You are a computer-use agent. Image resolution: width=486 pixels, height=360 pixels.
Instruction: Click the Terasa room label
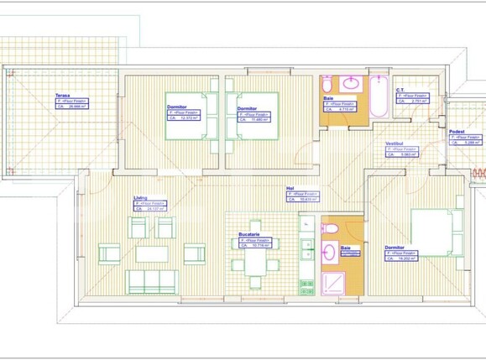[61, 96]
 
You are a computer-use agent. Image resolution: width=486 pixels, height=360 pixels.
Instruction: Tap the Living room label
[140, 198]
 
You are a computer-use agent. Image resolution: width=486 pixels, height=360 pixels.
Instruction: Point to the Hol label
[290, 189]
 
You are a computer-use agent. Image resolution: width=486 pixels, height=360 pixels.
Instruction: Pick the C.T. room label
[401, 90]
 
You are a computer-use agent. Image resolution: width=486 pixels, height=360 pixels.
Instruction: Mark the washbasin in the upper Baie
[327, 84]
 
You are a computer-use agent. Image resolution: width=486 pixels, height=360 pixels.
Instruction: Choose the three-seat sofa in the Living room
[153, 281]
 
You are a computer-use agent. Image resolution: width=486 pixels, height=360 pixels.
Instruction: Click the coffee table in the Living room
[153, 253]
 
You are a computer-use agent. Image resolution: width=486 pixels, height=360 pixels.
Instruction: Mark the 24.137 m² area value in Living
[153, 209]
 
